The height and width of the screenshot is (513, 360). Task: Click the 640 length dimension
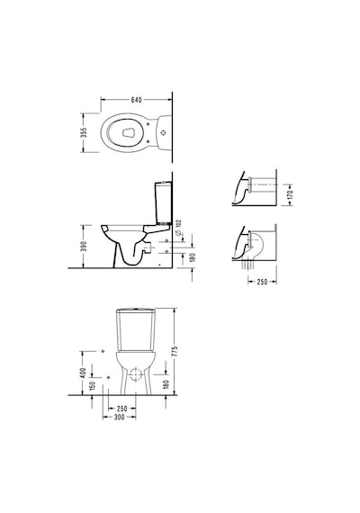pos(136,100)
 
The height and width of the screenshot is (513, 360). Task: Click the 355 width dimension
pos(84,133)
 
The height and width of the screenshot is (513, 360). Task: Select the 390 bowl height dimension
pos(84,247)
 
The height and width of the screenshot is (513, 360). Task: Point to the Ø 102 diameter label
pos(178,228)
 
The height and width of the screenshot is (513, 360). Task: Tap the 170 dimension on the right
pos(291,195)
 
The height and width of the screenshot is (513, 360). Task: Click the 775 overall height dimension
pos(175,351)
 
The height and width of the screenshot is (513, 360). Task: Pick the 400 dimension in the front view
pos(83,373)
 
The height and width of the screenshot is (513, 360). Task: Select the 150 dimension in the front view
pos(92,386)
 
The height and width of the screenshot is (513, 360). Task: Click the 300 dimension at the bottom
pos(120,417)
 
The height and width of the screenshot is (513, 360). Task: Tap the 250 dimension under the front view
pos(121,409)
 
